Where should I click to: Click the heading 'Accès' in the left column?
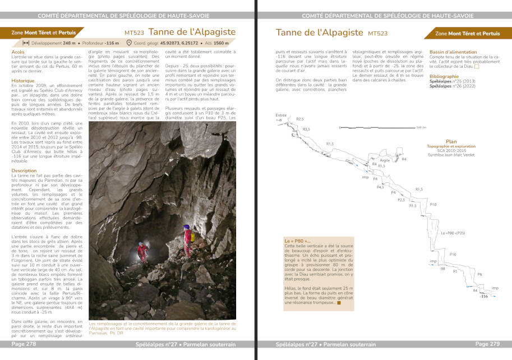click(18, 52)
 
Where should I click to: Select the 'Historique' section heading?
click(23, 81)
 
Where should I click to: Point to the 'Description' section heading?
click(24, 170)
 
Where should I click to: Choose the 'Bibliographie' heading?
click(444, 76)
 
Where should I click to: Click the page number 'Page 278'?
click(24, 344)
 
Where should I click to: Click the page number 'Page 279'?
click(487, 344)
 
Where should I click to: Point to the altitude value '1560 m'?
click(222, 43)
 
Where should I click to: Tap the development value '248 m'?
click(69, 43)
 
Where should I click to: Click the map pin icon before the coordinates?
click(130, 43)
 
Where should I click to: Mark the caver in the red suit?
click(142, 251)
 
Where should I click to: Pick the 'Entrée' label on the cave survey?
click(281, 116)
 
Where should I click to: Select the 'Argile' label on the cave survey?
click(384, 160)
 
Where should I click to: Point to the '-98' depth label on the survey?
click(442, 269)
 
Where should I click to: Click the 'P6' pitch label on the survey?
click(479, 274)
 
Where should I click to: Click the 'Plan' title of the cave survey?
click(451, 141)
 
